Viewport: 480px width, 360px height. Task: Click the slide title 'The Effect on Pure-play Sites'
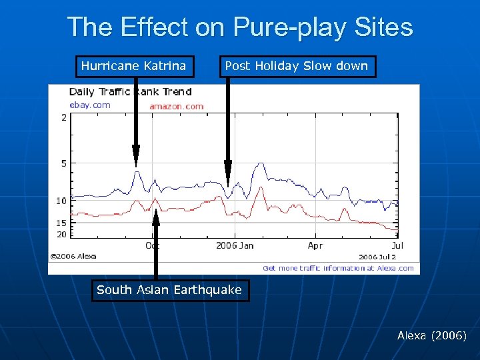click(x=240, y=27)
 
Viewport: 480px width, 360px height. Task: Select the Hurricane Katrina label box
click(x=134, y=66)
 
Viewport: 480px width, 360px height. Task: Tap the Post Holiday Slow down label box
click(x=297, y=66)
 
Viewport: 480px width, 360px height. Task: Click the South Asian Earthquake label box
click(x=169, y=290)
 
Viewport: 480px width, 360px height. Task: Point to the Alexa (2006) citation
click(x=431, y=335)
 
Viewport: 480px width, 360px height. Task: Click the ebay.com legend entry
click(x=90, y=105)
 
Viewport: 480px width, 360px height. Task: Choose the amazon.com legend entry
click(x=176, y=106)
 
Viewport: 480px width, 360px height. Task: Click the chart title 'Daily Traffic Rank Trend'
click(x=130, y=92)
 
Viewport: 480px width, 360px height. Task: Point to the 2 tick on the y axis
click(x=63, y=118)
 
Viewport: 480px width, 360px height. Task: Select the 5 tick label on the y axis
click(x=63, y=163)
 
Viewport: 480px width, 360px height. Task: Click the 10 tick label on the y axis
click(x=61, y=201)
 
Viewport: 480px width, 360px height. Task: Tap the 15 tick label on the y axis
click(x=61, y=223)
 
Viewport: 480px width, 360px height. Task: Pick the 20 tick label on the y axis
click(x=61, y=234)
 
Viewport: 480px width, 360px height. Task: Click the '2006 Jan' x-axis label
click(x=235, y=246)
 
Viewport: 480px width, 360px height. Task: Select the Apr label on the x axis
click(x=315, y=246)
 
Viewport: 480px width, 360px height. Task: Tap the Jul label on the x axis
click(x=397, y=246)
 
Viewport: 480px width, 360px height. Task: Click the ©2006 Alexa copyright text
click(x=73, y=256)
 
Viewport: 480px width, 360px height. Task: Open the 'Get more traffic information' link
click(x=338, y=268)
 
